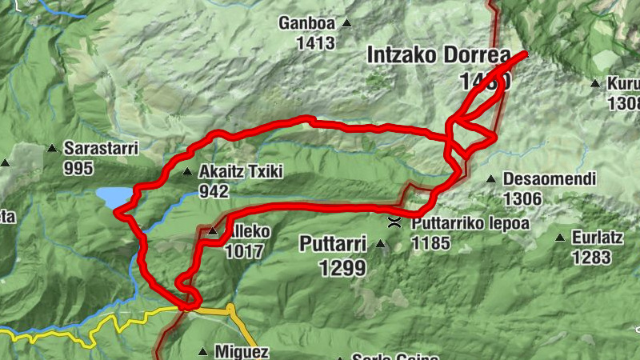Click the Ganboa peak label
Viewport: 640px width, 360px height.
pos(306,23)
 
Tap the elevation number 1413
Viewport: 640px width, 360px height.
pos(314,43)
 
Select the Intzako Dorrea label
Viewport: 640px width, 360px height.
pos(438,56)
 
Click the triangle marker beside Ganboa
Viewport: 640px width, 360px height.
pos(346,23)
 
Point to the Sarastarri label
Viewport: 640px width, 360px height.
pos(101,148)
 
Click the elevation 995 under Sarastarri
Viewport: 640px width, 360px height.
pos(81,168)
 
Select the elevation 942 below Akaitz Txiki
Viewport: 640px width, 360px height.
pos(215,192)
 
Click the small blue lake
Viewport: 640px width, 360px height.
pos(112,196)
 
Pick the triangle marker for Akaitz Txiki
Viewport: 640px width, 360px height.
pos(187,172)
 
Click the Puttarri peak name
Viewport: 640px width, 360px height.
pos(332,243)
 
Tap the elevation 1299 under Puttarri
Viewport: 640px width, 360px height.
pos(342,269)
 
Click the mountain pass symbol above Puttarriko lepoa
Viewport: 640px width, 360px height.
pos(394,222)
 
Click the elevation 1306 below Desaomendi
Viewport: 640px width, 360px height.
pos(522,199)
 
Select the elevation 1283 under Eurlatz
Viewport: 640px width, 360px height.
pos(591,258)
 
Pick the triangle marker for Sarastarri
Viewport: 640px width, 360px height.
pos(52,148)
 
